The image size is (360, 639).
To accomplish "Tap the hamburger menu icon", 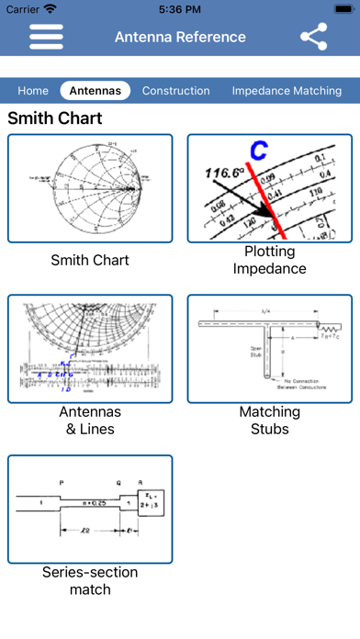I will [x=46, y=37].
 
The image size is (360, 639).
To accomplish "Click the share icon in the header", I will [x=314, y=37].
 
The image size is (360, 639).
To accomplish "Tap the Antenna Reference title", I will [x=180, y=37].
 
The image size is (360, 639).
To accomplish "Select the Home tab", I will [x=33, y=91].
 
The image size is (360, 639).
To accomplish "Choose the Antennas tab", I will [x=96, y=91].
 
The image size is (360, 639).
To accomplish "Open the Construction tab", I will [x=175, y=91].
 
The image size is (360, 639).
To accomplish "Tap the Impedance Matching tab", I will [x=287, y=91].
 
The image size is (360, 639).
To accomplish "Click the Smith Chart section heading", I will [x=55, y=118].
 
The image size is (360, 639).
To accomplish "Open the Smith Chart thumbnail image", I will [x=90, y=188].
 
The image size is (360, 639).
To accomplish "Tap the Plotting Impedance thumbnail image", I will [x=270, y=188].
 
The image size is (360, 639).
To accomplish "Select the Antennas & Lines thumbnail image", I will [x=90, y=348].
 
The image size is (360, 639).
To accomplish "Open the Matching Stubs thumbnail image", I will [x=270, y=348].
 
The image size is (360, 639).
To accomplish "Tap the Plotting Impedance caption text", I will [x=270, y=260].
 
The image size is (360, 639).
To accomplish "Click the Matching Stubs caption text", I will [x=270, y=420].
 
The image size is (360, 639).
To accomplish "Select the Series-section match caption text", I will [x=90, y=580].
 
